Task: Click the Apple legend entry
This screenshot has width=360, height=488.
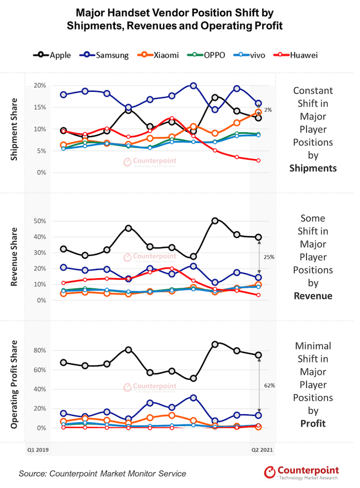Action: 52,55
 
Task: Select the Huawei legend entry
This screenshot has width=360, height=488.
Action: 295,55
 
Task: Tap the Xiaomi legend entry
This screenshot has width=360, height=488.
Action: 158,55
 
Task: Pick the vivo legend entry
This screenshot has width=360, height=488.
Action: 249,55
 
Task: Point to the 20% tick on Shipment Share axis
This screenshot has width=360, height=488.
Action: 40,85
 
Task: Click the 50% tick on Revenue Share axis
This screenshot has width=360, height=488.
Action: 40,221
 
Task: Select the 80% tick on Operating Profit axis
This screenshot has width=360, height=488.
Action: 40,350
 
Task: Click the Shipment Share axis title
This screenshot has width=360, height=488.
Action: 14,129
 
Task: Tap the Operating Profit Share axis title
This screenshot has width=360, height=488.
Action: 14,385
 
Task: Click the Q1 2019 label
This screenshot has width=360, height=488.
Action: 38,450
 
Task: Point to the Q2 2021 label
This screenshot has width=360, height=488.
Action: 262,450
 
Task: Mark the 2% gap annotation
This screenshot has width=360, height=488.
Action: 268,110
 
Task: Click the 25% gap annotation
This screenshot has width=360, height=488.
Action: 269,257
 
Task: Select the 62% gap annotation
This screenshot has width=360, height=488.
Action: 270,386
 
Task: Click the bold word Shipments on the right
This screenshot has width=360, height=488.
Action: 313,168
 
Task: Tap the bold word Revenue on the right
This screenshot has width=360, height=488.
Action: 313,296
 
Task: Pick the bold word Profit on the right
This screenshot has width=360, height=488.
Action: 313,424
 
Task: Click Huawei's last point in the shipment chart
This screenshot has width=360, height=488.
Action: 258,161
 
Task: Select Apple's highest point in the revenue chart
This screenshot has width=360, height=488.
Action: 215,221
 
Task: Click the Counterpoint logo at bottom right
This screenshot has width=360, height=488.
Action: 301,472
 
